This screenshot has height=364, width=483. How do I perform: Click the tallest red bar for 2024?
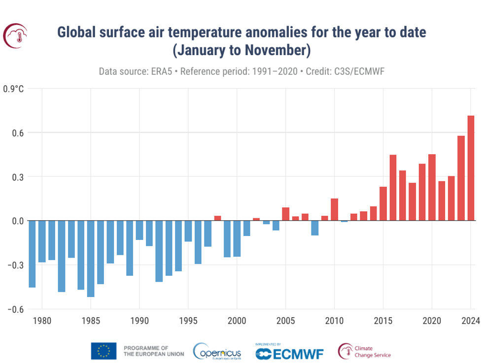[471, 168]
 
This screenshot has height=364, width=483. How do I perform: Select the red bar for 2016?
[393, 188]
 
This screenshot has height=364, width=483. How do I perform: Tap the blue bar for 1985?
[91, 259]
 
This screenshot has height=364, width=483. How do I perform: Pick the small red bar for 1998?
[217, 218]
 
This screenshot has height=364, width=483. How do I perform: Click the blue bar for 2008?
[315, 228]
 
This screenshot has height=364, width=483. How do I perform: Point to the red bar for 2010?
[334, 209]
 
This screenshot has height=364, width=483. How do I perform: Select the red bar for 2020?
[432, 187]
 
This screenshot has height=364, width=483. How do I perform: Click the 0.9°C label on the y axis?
[13, 89]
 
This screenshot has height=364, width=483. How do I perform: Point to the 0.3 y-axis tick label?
[18, 177]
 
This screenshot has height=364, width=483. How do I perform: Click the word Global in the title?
[77, 33]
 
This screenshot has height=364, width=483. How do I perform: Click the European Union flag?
[103, 351]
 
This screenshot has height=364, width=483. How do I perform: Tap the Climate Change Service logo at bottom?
[364, 351]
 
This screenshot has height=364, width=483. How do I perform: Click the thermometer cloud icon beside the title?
[15, 35]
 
